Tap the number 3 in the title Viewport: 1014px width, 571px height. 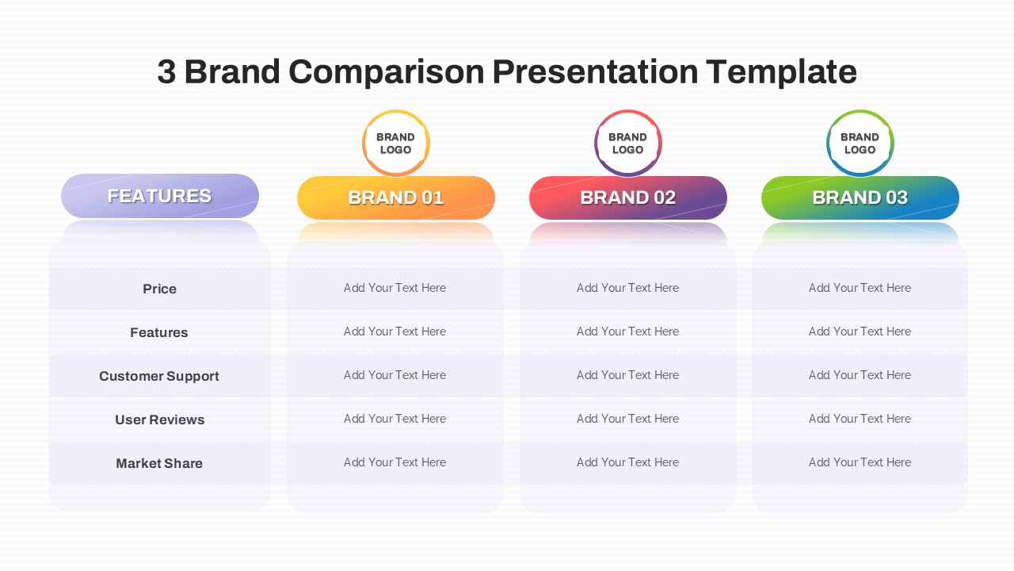pyautogui.click(x=166, y=72)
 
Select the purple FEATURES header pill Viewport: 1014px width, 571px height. pyautogui.click(x=160, y=196)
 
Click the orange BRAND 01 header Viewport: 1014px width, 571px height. pyautogui.click(x=395, y=197)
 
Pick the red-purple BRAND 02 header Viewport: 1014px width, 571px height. pyautogui.click(x=628, y=197)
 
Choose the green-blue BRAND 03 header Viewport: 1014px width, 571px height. pyautogui.click(x=860, y=197)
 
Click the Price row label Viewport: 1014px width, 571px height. pyautogui.click(x=159, y=289)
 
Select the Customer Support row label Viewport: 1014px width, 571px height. pyautogui.click(x=159, y=376)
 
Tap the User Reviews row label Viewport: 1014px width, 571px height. pyautogui.click(x=159, y=420)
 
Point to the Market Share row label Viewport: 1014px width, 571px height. pyautogui.click(x=159, y=463)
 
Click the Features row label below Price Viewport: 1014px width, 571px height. pyautogui.click(x=159, y=332)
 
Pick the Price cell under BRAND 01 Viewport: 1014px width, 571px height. pyautogui.click(x=395, y=288)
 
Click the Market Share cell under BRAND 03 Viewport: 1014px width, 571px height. pyautogui.click(x=860, y=462)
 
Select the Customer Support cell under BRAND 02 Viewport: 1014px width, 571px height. pyautogui.click(x=627, y=375)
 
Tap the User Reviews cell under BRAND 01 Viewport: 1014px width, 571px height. pyautogui.click(x=395, y=419)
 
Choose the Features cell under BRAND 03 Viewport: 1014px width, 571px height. pyautogui.click(x=860, y=331)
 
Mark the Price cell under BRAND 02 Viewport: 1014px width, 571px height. pyautogui.click(x=627, y=288)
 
